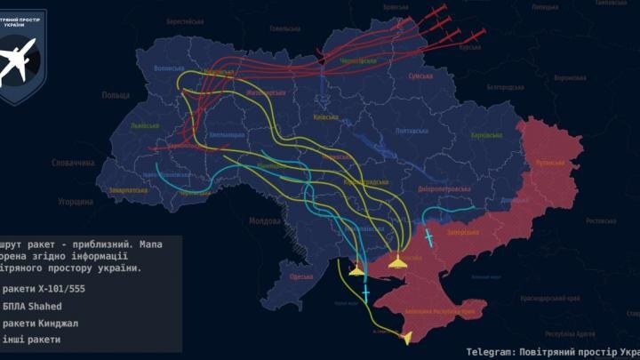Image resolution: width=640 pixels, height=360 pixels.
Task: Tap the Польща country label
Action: (116, 95)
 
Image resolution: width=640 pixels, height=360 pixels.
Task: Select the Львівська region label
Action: (143, 127)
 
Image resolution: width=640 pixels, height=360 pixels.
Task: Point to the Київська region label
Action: (325, 116)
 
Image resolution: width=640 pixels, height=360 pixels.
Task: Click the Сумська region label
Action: (420, 77)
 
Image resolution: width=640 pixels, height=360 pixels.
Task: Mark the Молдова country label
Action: (264, 220)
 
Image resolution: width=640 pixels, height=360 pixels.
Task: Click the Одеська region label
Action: (302, 276)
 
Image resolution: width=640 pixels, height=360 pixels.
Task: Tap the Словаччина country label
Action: (73, 164)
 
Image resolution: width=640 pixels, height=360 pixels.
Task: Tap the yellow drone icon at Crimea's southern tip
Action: (408, 338)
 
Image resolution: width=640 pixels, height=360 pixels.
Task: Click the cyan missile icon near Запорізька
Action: (429, 238)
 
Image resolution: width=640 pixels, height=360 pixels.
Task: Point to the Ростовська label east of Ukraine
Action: (601, 220)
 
